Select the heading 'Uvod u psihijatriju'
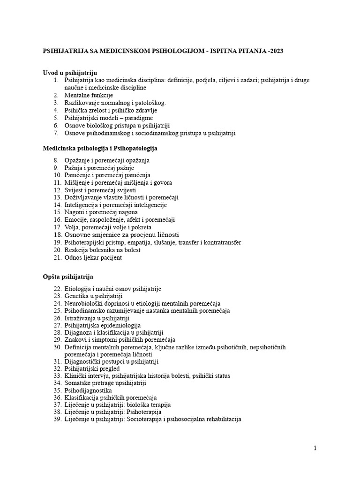[70, 73]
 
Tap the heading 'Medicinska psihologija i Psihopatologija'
[100, 148]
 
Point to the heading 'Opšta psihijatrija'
[68, 277]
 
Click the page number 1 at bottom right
[315, 448]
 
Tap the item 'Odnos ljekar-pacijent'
[93, 257]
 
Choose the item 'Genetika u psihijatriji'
[93, 296]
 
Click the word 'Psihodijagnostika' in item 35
[88, 390]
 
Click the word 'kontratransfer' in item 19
[222, 242]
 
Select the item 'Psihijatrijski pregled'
[93, 368]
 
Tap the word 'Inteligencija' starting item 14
[82, 205]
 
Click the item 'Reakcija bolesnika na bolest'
[102, 250]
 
